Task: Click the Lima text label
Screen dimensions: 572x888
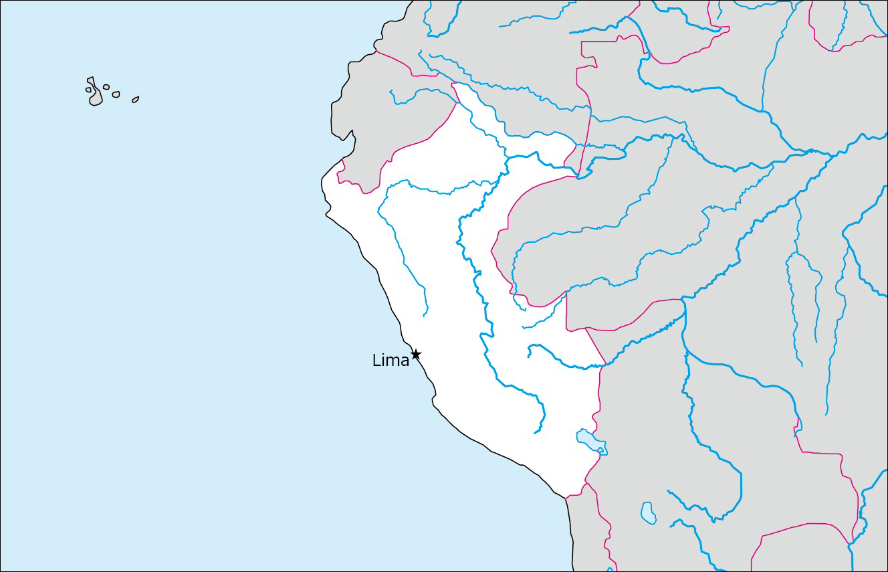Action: (x=391, y=361)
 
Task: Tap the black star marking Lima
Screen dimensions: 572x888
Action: (x=415, y=354)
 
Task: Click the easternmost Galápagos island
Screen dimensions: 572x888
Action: (x=135, y=100)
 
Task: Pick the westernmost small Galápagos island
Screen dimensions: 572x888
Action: (x=88, y=90)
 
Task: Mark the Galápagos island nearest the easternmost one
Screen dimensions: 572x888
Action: (x=116, y=95)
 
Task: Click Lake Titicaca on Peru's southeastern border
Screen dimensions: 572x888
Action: (x=590, y=439)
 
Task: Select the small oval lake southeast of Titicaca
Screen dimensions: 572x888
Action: (x=647, y=513)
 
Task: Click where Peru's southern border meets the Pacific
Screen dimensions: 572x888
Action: (x=566, y=498)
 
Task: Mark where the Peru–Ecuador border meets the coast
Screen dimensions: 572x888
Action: (x=343, y=161)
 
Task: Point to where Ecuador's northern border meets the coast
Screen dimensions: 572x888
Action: (x=376, y=51)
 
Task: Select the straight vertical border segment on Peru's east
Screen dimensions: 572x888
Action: (x=566, y=311)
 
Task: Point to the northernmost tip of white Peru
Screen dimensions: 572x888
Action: (x=453, y=84)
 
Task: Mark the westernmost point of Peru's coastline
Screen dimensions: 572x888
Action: (x=322, y=179)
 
